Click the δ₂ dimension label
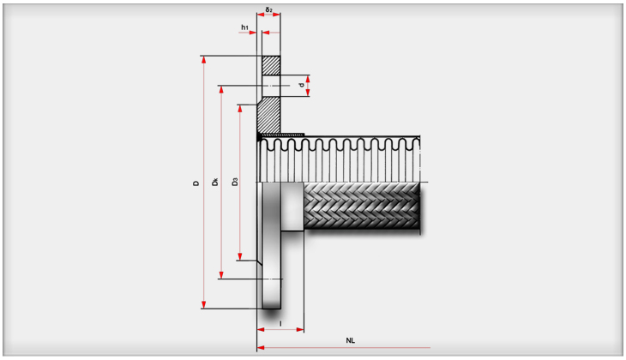point(269,10)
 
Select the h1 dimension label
point(244,27)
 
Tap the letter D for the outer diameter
point(196,183)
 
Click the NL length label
point(351,340)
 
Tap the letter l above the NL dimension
point(280,322)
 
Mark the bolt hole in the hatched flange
point(271,86)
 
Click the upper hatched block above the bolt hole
point(271,65)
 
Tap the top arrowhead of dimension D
point(204,61)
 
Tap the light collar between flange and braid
point(292,207)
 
